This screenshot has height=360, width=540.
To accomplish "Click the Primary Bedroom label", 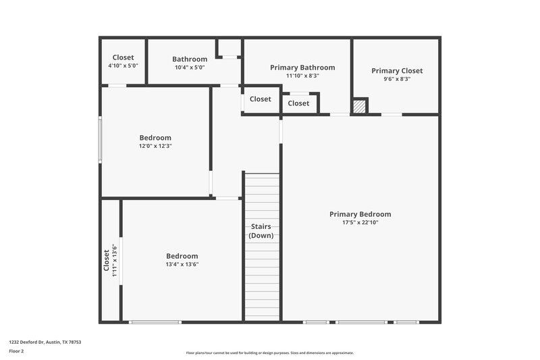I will pyautogui.click(x=360, y=214).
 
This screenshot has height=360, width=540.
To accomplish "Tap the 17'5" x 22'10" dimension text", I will pyautogui.click(x=360, y=222).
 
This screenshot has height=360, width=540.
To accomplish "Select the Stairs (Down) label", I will pyautogui.click(x=261, y=230).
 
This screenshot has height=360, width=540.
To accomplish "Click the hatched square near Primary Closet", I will pyautogui.click(x=360, y=107).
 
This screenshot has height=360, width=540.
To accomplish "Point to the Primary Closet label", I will pyautogui.click(x=397, y=70).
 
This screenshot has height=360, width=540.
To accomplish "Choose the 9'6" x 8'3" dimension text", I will pyautogui.click(x=397, y=79).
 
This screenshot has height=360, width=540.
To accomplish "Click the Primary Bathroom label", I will pyautogui.click(x=302, y=68).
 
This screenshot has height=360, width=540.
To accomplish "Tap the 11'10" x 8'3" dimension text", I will pyautogui.click(x=302, y=76).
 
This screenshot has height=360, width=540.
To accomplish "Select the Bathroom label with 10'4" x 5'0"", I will pyautogui.click(x=190, y=59).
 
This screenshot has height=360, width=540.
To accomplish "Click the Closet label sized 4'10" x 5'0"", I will pyautogui.click(x=123, y=57).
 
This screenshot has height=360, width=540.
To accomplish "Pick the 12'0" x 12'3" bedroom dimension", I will pyautogui.click(x=155, y=146).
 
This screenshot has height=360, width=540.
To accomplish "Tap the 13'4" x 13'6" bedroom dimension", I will pyautogui.click(x=182, y=265).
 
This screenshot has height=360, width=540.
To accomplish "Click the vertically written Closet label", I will pyautogui.click(x=106, y=260).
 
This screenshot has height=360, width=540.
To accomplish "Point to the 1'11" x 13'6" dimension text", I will pyautogui.click(x=114, y=260).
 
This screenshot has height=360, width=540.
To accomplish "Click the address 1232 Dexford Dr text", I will pyautogui.click(x=46, y=342).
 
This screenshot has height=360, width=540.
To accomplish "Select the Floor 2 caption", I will pyautogui.click(x=16, y=351).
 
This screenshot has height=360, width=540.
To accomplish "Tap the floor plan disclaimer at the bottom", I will pyautogui.click(x=269, y=353).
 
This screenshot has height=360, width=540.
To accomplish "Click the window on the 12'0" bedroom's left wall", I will pyautogui.click(x=100, y=140).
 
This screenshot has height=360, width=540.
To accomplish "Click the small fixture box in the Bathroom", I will pyautogui.click(x=229, y=49).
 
